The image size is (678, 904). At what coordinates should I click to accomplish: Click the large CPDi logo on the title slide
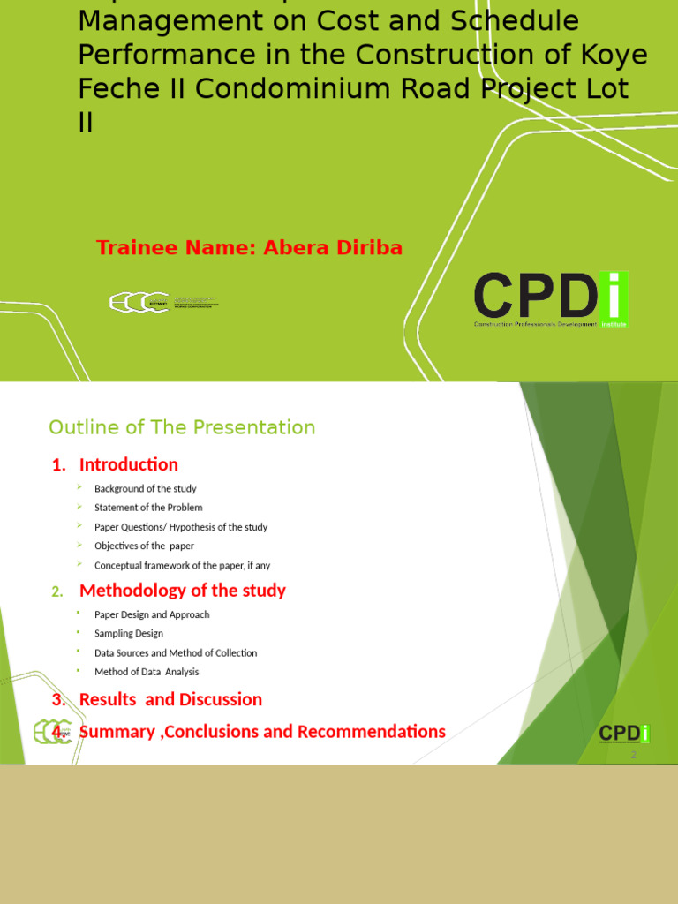pyautogui.click(x=551, y=299)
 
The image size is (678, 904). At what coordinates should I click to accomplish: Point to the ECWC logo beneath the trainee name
pyautogui.click(x=163, y=303)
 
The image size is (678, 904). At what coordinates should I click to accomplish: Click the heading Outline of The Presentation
pyautogui.click(x=182, y=428)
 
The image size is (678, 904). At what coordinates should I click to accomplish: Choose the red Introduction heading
pyautogui.click(x=128, y=464)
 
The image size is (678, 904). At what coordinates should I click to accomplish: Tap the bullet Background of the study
pyautogui.click(x=146, y=489)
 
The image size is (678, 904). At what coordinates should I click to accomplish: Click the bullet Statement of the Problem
pyautogui.click(x=148, y=508)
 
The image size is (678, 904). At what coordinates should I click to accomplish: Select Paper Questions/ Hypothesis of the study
pyautogui.click(x=181, y=527)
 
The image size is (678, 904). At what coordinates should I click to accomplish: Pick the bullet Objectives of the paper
pyautogui.click(x=144, y=546)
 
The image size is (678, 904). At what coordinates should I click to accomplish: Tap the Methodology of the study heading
pyautogui.click(x=183, y=591)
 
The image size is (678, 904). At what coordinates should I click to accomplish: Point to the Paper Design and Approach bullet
pyautogui.click(x=152, y=614)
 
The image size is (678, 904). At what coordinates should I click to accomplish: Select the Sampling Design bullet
pyautogui.click(x=129, y=634)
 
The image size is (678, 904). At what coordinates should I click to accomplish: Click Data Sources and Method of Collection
pyautogui.click(x=176, y=653)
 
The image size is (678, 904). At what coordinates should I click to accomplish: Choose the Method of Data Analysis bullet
pyautogui.click(x=147, y=673)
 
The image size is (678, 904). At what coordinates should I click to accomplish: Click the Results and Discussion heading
pyautogui.click(x=170, y=699)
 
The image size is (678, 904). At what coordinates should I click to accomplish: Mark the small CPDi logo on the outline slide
pyautogui.click(x=624, y=734)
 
